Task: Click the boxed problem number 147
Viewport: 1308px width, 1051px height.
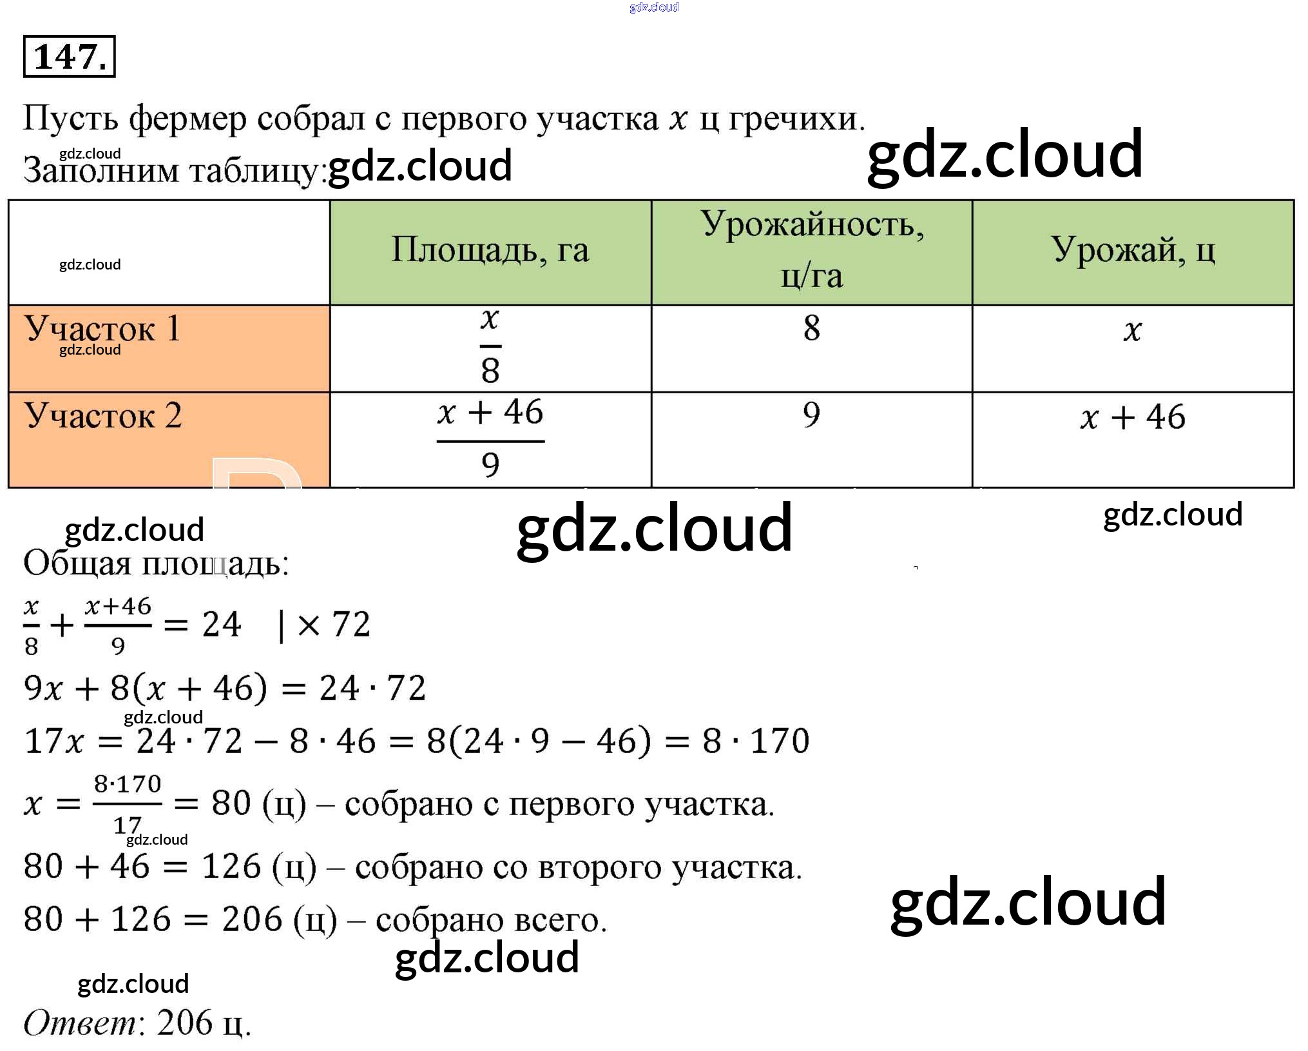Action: (69, 57)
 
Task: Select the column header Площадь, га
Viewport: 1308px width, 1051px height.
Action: (490, 250)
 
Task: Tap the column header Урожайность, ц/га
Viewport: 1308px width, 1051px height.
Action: (811, 250)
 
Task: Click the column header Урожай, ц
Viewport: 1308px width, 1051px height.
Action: (1133, 250)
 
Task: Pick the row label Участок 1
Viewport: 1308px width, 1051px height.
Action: (103, 329)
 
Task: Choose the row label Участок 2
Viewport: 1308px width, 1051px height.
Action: (103, 416)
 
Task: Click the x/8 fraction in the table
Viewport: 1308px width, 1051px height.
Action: (490, 346)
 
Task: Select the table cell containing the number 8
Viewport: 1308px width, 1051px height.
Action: (811, 328)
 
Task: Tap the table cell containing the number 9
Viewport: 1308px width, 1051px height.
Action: (811, 415)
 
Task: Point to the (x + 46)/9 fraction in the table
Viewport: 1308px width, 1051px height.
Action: (490, 438)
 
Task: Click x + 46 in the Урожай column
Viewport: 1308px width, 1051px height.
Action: (1133, 417)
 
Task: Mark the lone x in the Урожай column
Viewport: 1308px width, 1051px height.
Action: (1132, 331)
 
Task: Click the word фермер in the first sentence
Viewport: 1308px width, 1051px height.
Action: (188, 119)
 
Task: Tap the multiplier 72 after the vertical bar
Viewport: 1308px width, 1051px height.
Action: (351, 624)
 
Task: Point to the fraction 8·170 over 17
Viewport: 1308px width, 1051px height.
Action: (127, 803)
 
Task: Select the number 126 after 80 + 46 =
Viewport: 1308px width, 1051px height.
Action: (231, 867)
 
